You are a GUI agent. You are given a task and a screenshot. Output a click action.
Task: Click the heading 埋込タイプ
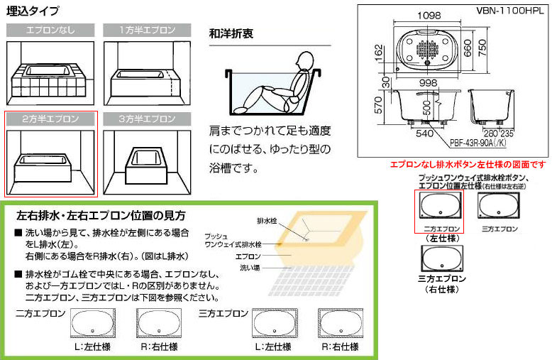(33, 11)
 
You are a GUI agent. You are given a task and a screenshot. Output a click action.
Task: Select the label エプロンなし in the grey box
(50, 30)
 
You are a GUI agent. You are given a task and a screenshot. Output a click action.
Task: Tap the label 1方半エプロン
(146, 30)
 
